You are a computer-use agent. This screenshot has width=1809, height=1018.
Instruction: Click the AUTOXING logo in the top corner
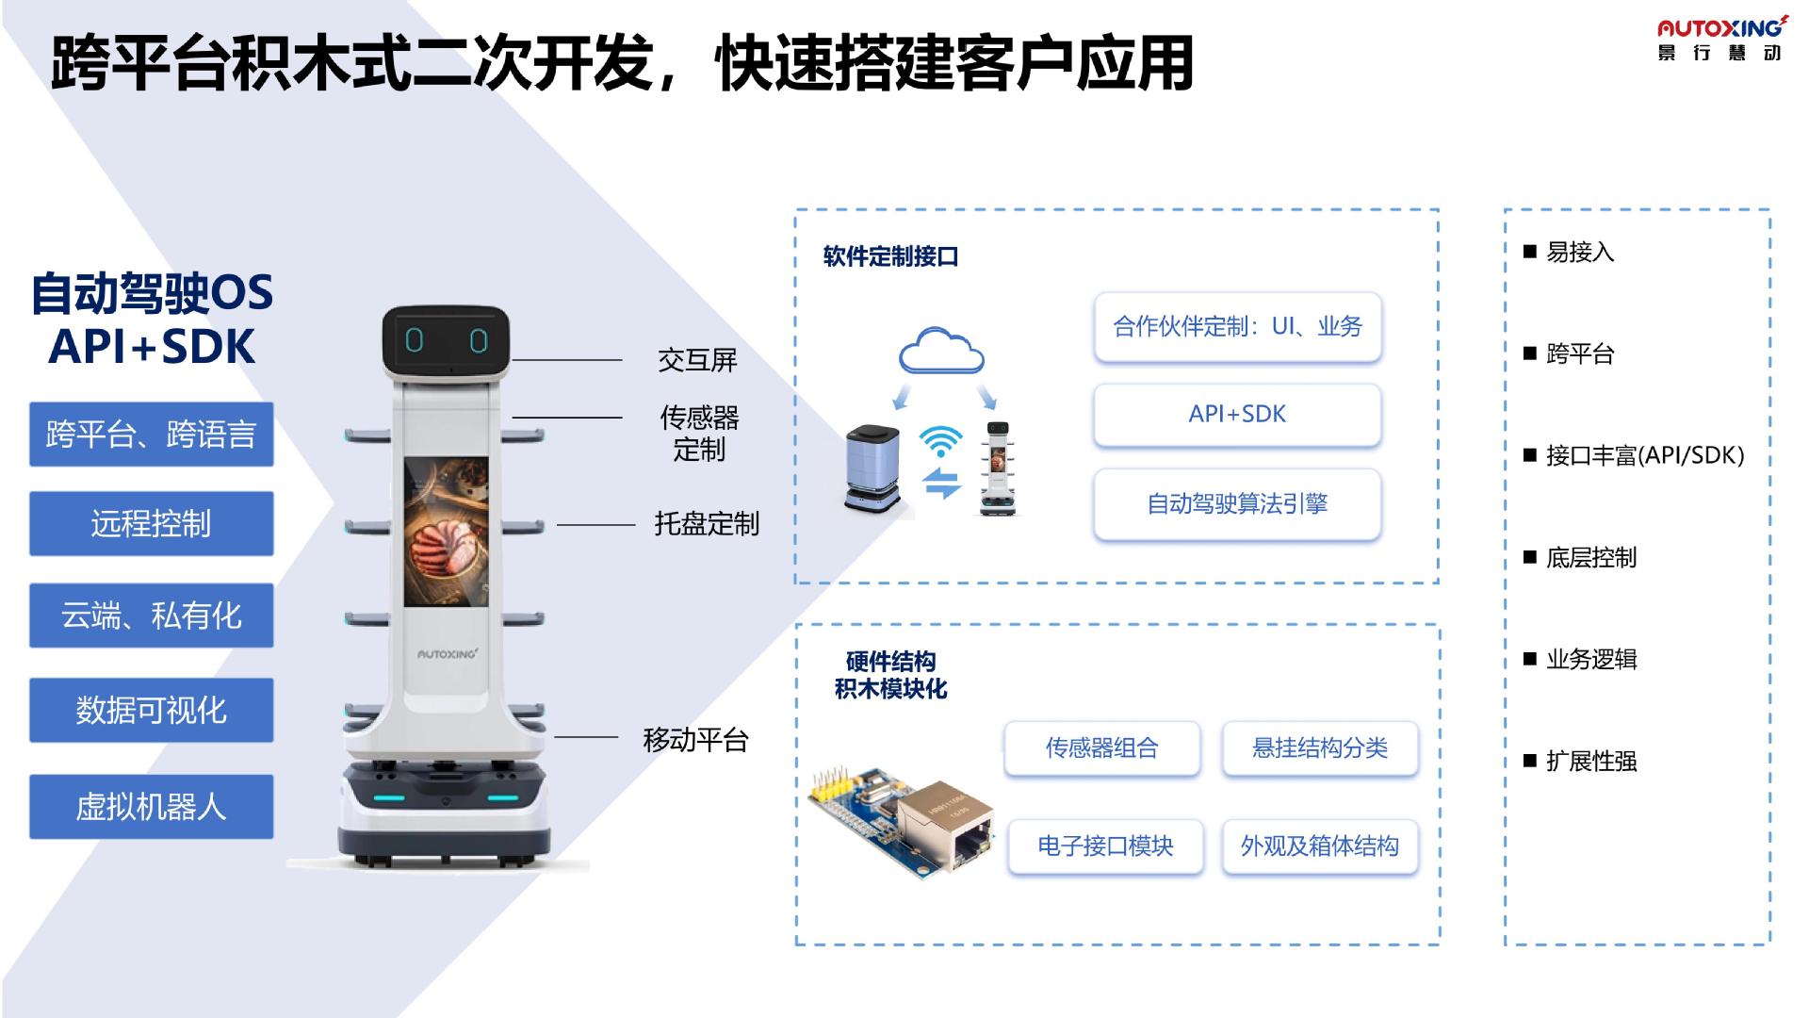click(x=1719, y=39)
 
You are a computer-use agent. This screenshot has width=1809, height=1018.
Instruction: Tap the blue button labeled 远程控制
click(x=151, y=523)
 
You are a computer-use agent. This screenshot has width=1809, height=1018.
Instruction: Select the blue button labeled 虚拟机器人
click(x=151, y=807)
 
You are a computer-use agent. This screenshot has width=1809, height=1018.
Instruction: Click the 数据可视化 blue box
click(x=151, y=710)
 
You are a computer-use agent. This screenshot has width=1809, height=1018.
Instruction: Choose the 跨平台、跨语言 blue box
click(x=151, y=435)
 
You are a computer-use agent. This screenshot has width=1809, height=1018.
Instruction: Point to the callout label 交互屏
click(x=697, y=360)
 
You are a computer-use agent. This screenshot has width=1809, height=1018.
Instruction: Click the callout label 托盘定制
click(x=707, y=524)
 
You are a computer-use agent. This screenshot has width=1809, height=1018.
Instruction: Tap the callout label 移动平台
click(x=695, y=740)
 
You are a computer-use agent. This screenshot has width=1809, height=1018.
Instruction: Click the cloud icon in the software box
click(x=941, y=352)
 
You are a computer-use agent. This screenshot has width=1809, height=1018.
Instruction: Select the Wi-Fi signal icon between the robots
click(x=940, y=439)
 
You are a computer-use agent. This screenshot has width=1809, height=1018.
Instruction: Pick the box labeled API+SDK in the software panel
click(x=1237, y=414)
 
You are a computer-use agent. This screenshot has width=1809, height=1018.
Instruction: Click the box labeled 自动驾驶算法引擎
click(x=1237, y=504)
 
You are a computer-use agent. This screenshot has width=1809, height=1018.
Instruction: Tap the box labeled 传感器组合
click(x=1101, y=748)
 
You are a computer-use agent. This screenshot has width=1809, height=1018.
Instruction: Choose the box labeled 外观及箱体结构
click(x=1319, y=846)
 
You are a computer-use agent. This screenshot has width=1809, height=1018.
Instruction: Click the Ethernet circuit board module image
click(x=903, y=820)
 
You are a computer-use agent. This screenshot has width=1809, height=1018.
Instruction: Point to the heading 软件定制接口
click(x=890, y=256)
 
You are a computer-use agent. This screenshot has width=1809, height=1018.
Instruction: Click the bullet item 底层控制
click(x=1590, y=558)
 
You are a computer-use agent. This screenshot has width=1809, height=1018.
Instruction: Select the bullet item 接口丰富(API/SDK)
click(x=1644, y=456)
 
